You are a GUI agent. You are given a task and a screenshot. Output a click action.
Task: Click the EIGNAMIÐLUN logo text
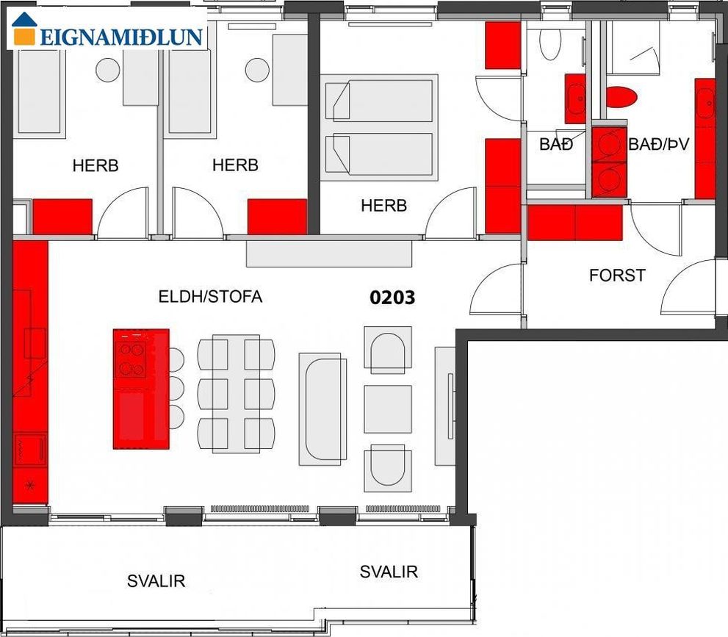122,37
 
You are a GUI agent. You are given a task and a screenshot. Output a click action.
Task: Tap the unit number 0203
392,298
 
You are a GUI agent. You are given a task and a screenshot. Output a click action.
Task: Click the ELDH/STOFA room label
210,296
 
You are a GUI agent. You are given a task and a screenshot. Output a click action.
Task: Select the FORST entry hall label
617,276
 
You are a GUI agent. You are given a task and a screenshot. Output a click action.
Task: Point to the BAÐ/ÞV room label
658,144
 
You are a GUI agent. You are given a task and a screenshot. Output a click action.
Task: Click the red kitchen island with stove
141,389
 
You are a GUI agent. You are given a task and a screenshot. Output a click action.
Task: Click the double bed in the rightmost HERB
379,127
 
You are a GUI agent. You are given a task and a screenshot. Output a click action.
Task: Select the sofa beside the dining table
322,409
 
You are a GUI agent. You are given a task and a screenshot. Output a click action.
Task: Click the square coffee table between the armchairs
388,409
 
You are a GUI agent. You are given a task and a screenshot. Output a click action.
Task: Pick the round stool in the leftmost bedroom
108,70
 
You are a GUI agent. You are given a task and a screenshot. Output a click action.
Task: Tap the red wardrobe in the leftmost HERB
62,217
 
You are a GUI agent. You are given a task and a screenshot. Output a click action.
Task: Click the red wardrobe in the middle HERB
277,217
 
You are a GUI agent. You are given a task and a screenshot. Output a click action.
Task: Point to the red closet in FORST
574,223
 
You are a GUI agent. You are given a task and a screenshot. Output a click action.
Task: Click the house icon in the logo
24,29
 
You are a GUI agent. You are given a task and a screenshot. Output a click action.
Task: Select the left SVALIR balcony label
156,581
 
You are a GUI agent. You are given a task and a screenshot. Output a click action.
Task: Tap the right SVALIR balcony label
389,572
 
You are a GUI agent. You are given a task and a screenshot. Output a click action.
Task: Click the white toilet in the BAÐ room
550,43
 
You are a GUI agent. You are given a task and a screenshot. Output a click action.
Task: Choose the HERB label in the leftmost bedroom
95,165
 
